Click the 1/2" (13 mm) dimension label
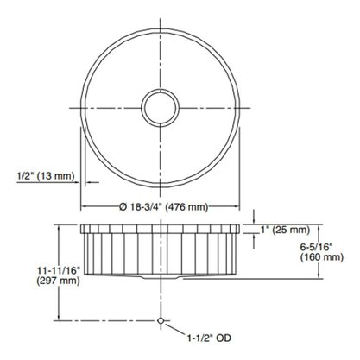point(46,175)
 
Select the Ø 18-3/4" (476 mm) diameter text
point(164,206)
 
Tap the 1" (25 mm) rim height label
point(285,230)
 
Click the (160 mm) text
point(322,257)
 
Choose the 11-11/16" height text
point(59,270)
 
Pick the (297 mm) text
point(58,280)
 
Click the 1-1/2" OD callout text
point(209,338)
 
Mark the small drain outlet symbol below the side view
point(161,320)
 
